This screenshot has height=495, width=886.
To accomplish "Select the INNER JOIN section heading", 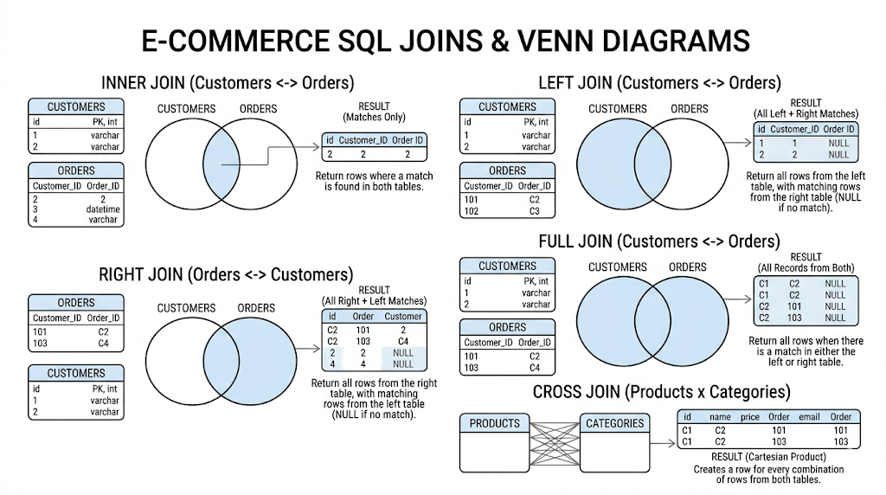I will pyautogui.click(x=228, y=83).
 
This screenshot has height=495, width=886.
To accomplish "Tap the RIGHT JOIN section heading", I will pyautogui.click(x=226, y=275).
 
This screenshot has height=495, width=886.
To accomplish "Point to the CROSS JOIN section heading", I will pyautogui.click(x=661, y=392).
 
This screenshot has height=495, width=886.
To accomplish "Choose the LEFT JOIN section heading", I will pyautogui.click(x=659, y=83).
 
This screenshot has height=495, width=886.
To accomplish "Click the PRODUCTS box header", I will pyautogui.click(x=495, y=423).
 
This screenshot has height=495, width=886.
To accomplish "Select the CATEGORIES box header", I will pyautogui.click(x=614, y=423).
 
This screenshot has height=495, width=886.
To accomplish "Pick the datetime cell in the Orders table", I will pyautogui.click(x=103, y=209).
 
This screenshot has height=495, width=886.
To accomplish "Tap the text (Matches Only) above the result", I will pyautogui.click(x=374, y=117).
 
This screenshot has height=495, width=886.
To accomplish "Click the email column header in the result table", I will pyautogui.click(x=809, y=417).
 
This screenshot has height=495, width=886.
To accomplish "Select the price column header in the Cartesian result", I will pyautogui.click(x=750, y=417).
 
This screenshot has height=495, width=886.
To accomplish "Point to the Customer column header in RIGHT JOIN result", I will pyautogui.click(x=403, y=317).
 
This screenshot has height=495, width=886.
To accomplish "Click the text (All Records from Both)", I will pyautogui.click(x=806, y=267).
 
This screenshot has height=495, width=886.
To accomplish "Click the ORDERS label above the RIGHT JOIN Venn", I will pyautogui.click(x=256, y=308).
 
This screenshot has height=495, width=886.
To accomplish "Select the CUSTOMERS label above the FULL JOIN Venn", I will pyautogui.click(x=618, y=267).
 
